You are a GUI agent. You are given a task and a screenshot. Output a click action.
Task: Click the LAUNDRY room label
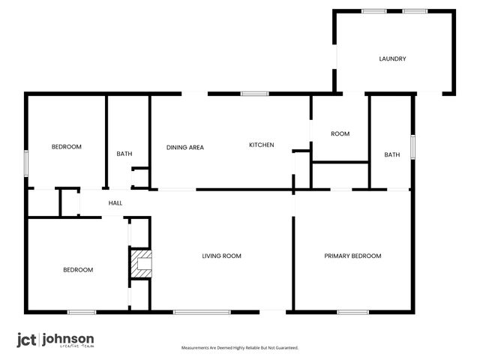[x=392, y=58]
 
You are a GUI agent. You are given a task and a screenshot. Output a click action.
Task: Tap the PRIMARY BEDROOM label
[x=352, y=256]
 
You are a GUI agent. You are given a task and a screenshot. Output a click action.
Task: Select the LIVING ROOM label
[x=221, y=256]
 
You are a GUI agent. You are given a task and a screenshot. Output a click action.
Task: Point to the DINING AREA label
[x=185, y=147]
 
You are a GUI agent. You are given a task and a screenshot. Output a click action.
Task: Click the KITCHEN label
[x=262, y=145]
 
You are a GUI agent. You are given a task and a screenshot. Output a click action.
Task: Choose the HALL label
[x=115, y=202]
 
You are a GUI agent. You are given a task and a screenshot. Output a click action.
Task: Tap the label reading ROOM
[x=340, y=133]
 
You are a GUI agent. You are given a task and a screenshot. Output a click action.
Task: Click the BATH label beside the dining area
[x=124, y=154]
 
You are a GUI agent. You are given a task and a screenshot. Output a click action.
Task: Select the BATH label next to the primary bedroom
[x=392, y=154]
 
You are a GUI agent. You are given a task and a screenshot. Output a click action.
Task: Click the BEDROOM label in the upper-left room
[x=66, y=146]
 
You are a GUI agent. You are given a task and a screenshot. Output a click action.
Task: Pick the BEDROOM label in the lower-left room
[x=78, y=269]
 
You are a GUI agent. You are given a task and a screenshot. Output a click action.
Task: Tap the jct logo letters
[x=27, y=340]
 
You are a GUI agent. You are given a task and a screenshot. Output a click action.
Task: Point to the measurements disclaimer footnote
[x=240, y=348]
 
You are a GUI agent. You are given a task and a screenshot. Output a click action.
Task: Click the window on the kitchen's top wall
[x=255, y=94]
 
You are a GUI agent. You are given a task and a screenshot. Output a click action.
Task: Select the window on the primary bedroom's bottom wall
[x=352, y=311]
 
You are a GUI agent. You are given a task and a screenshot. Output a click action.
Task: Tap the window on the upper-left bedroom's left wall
[x=26, y=163]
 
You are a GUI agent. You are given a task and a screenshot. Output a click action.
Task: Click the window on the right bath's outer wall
[x=412, y=145]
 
